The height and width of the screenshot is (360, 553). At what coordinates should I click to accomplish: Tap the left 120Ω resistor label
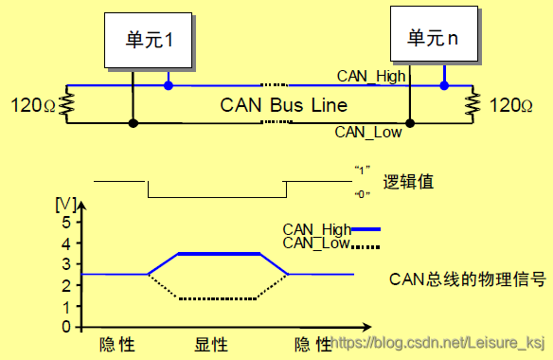(x=31, y=104)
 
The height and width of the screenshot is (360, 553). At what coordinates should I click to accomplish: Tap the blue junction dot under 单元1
(x=169, y=86)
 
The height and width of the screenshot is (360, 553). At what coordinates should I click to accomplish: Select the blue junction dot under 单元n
(x=443, y=86)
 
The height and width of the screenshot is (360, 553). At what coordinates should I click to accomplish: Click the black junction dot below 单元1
(x=134, y=123)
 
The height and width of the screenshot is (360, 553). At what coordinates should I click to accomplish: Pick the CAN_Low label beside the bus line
(x=368, y=133)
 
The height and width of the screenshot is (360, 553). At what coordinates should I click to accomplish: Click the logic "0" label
(x=360, y=194)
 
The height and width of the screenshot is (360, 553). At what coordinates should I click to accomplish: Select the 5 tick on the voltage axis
(x=66, y=223)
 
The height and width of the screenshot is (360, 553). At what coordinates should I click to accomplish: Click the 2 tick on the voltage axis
(x=66, y=285)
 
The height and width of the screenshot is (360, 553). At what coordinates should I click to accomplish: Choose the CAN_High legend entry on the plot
(x=330, y=228)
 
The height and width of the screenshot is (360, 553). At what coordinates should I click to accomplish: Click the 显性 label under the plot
(x=214, y=343)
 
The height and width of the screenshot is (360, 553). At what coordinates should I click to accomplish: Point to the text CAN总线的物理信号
(x=467, y=279)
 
